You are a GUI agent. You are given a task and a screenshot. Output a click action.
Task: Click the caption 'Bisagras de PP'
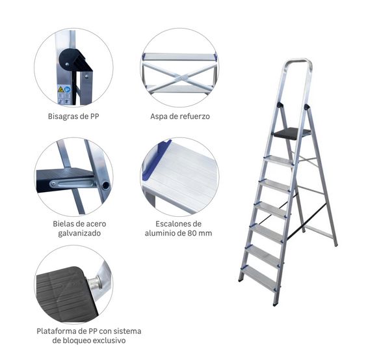[x=73, y=117]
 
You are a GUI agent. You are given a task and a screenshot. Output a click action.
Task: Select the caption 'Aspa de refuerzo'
[x=179, y=117]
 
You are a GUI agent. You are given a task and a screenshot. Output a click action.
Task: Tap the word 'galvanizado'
[x=73, y=233]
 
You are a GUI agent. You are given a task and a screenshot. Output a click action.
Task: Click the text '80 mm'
[x=199, y=233]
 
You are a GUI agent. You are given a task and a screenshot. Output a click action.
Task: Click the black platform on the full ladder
[x=290, y=133]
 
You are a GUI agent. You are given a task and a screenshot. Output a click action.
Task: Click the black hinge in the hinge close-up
[x=70, y=62]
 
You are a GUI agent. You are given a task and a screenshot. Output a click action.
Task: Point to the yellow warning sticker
[x=61, y=89]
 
